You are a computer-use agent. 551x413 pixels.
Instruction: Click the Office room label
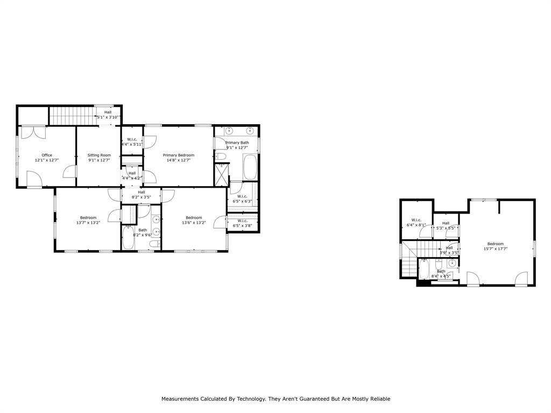coord(47,155)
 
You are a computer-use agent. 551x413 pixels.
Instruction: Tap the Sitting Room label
coord(99,155)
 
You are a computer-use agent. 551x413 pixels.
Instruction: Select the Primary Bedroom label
coord(179,155)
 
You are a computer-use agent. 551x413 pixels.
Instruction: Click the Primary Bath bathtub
coord(250,167)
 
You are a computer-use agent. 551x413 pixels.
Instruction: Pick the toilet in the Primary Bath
coord(221,156)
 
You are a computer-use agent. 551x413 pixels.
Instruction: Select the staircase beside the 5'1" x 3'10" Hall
coord(72,115)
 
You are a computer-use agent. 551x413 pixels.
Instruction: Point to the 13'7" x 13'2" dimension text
coord(88,223)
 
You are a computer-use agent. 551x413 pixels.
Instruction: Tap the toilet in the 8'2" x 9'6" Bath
coord(153,245)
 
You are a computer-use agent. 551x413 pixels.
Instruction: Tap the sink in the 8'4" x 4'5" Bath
coord(452,262)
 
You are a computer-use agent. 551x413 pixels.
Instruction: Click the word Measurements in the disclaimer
coord(182,399)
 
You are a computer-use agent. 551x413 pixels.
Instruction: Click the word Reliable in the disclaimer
coord(378,399)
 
